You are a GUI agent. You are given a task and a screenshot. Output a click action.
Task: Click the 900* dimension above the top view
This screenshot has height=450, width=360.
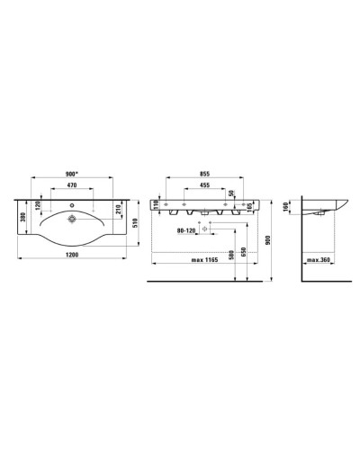tap(76, 175)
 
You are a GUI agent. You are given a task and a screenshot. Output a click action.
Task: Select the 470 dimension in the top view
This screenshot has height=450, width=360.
tap(76, 187)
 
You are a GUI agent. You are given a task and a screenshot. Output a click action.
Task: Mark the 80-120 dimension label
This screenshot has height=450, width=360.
tap(186, 230)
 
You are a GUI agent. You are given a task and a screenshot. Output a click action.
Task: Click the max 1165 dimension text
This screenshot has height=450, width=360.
tap(206, 261)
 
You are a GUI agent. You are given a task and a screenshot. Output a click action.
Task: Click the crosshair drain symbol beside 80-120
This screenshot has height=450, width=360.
tap(205, 230)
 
